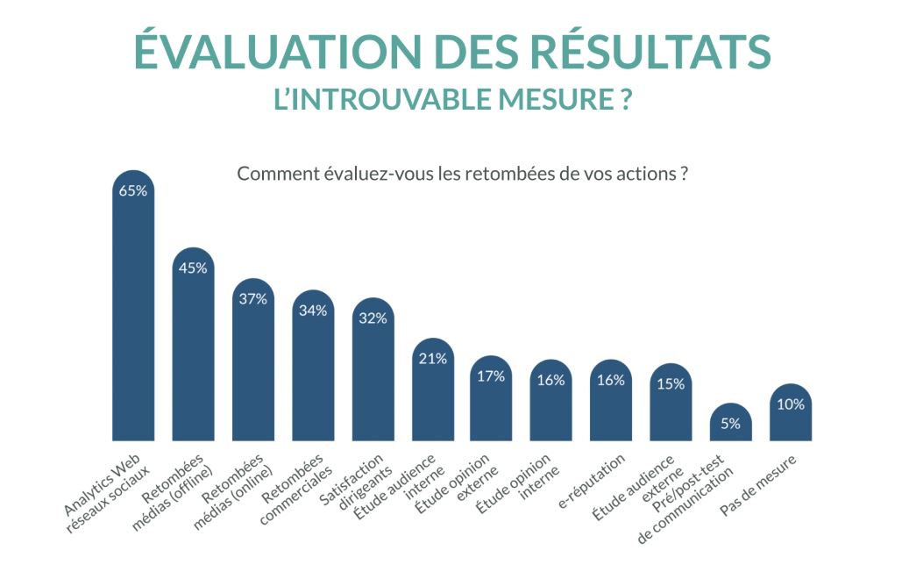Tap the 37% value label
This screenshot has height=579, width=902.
252,298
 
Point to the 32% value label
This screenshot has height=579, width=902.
373,318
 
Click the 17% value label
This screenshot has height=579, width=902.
492,376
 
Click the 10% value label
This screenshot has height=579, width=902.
790,404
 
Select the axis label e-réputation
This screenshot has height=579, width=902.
593,482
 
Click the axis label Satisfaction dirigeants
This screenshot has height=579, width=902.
355,482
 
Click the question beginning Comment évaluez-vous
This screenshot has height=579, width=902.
461,173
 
